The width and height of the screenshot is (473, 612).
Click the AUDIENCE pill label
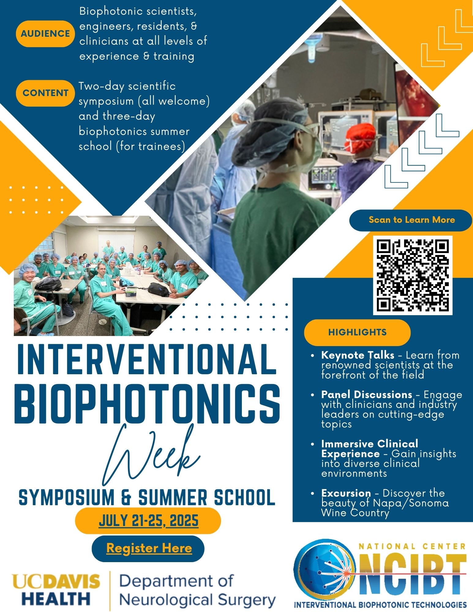pos(45,34)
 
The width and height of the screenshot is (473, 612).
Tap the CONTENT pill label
pos(45,93)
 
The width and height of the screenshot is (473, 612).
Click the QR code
pos(412,275)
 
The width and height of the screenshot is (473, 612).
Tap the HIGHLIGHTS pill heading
pos(357,332)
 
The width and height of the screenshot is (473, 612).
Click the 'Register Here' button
pos(149,548)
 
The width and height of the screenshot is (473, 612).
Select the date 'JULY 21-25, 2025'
pos(148,521)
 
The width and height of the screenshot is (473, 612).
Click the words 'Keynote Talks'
pos(358,355)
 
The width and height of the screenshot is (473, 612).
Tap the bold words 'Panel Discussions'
pos(366,394)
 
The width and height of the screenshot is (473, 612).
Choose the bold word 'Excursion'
pos(346,493)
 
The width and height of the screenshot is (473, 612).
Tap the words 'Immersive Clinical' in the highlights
pos(370,444)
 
